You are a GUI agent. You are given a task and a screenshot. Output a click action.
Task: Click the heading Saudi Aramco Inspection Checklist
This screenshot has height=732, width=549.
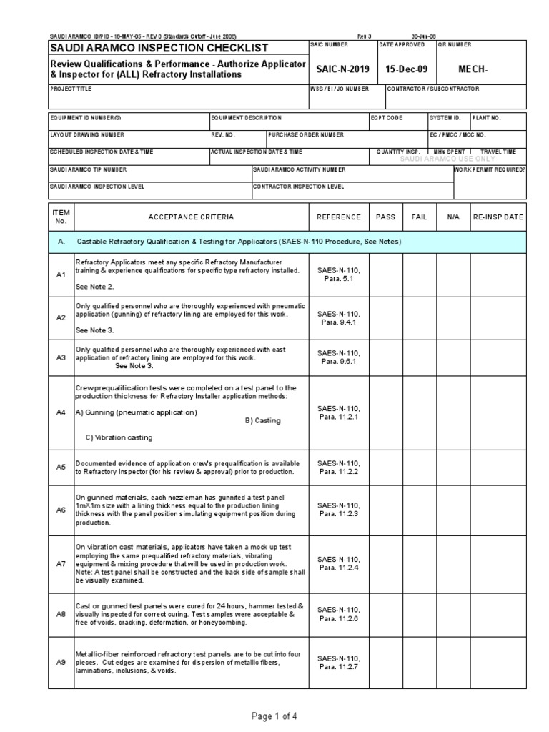click(x=159, y=48)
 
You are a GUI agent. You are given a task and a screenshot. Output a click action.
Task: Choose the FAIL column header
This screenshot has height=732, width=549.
click(x=419, y=217)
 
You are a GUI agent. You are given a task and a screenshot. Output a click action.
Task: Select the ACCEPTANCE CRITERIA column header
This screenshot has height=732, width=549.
click(x=191, y=217)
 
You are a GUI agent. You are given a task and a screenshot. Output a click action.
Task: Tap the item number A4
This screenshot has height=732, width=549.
click(x=61, y=412)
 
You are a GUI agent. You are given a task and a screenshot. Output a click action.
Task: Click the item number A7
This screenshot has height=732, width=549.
click(x=61, y=564)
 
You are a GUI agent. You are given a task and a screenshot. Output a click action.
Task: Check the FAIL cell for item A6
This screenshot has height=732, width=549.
click(x=419, y=509)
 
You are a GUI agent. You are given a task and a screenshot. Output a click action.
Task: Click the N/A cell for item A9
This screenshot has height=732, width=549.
click(x=453, y=663)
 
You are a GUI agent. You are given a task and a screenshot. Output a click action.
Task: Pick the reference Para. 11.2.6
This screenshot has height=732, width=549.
click(x=340, y=618)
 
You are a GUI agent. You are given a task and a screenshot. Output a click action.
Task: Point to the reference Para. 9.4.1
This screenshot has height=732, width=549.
click(x=340, y=322)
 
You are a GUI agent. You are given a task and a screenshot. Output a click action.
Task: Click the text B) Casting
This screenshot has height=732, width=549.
click(x=262, y=421)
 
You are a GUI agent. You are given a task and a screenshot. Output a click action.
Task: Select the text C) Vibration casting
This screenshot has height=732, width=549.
click(x=118, y=437)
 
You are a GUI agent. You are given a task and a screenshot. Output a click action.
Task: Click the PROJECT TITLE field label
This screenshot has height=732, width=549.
click(x=71, y=89)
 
